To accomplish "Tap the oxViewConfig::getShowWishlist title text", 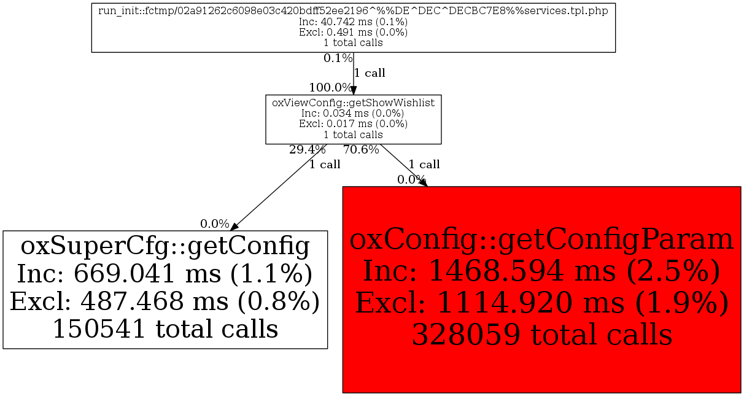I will (x=353, y=103).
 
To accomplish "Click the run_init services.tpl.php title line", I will (x=353, y=12).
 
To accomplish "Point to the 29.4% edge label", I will (x=307, y=149).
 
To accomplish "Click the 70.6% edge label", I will (x=361, y=149).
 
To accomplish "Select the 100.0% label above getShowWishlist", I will (x=330, y=87).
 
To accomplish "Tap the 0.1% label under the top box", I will (x=338, y=58).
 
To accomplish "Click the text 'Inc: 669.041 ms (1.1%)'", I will (x=165, y=274).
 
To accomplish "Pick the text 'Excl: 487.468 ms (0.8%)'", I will (x=165, y=301).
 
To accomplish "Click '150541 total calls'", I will (x=165, y=329).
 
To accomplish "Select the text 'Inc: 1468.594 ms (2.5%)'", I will (x=541, y=271).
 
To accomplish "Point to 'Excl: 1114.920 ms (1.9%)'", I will (x=541, y=303).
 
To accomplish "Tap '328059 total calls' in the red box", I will (x=541, y=335).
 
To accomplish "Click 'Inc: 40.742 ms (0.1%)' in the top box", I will (x=353, y=23).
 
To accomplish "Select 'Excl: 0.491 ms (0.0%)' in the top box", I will (x=353, y=33).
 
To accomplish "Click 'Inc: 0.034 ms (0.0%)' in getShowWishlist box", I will (x=353, y=113).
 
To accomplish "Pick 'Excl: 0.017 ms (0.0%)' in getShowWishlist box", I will (x=353, y=123).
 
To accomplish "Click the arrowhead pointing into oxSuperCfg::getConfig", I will (x=234, y=227).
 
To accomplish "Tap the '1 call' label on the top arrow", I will (x=370, y=73).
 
